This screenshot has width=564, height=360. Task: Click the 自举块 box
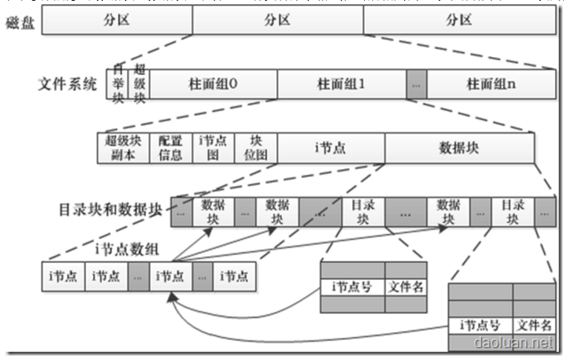(x=117, y=84)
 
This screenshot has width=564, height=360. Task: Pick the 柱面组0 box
(x=213, y=84)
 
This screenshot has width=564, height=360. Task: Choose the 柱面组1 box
(x=341, y=84)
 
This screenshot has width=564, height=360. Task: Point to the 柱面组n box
(x=491, y=84)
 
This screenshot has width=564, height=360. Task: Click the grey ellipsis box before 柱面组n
(x=417, y=84)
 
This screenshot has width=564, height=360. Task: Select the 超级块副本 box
(x=123, y=147)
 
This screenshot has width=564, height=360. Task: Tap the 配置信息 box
(x=170, y=147)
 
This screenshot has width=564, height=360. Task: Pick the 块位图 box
(x=255, y=147)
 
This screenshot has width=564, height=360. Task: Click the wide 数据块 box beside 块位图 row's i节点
(x=459, y=147)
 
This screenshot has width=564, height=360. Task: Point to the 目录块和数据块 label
(x=110, y=210)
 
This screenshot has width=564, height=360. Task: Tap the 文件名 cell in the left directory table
(x=406, y=287)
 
